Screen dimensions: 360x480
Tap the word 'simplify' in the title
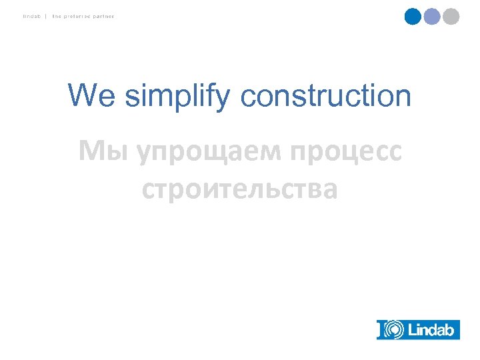177,97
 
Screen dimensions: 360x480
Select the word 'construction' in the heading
326,95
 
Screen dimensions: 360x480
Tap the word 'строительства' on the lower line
240,189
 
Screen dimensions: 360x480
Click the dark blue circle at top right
413,16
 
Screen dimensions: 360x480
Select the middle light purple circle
432,16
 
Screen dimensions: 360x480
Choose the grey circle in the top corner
451,16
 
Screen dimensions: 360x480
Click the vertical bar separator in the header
45,16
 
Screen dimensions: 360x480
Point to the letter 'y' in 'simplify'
226,99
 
